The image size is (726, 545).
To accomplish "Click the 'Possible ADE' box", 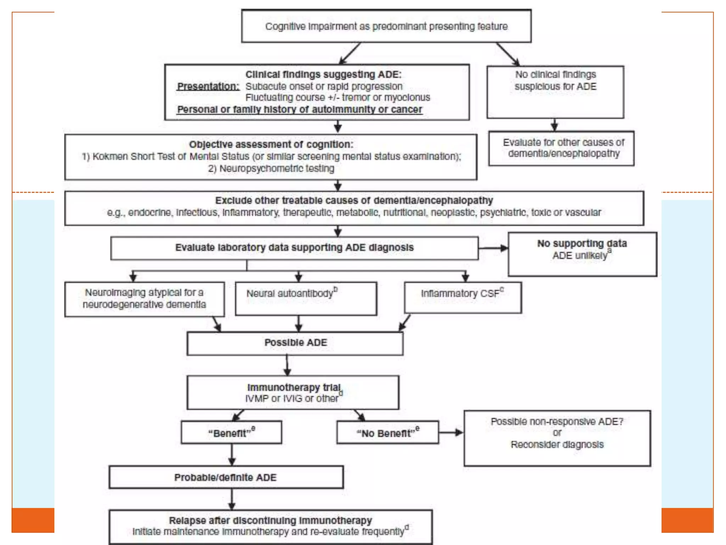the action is tap(295, 343).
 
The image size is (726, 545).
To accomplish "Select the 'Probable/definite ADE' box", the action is tap(226, 477).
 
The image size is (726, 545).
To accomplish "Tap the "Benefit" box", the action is tap(231, 433).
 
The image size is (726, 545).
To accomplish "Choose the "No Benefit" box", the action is tap(388, 433).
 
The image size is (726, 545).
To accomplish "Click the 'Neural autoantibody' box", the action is tap(306, 298).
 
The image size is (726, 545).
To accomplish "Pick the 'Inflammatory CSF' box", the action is tap(463, 297).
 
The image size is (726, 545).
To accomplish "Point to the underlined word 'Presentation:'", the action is tap(208, 86).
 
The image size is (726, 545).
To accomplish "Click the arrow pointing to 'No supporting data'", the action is tap(493, 248).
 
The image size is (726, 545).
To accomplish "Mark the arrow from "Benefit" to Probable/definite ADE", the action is tap(232, 455).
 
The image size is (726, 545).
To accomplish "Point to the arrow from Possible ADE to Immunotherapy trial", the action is tap(287, 365).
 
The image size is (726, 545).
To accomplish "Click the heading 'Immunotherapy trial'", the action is tap(294, 387).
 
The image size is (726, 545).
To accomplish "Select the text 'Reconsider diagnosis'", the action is tap(557, 445).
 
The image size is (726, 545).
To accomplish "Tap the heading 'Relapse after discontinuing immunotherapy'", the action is tap(270, 521).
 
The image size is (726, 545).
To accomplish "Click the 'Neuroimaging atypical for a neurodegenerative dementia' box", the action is tap(145, 299).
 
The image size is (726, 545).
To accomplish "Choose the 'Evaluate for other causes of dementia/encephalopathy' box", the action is tap(561, 148).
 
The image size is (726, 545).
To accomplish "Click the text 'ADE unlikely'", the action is tap(580, 255).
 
